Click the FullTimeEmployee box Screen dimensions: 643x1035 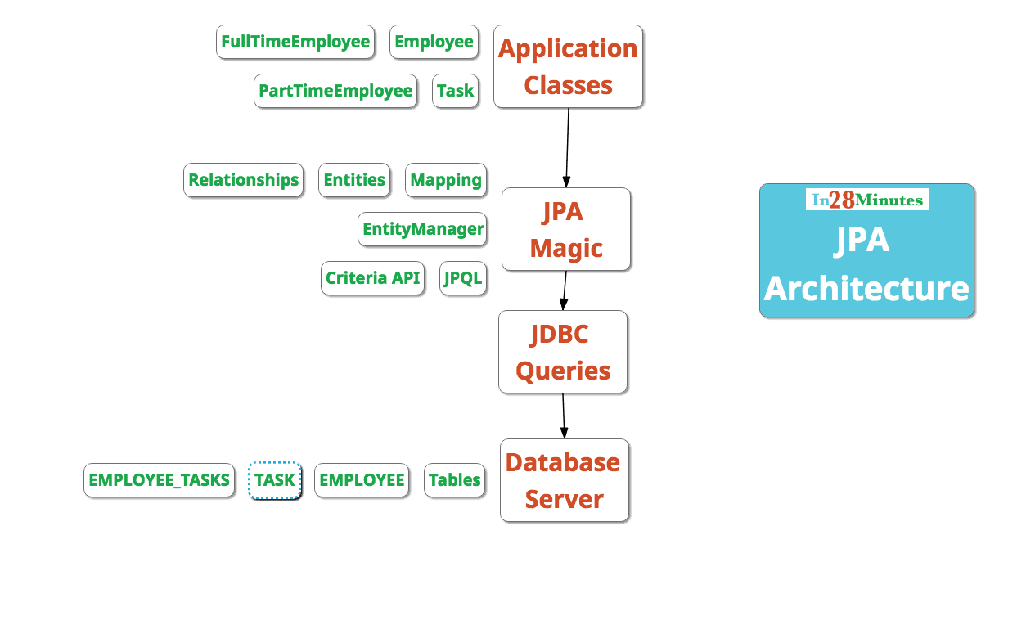pyautogui.click(x=295, y=42)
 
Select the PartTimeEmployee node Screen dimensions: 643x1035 pyautogui.click(x=335, y=91)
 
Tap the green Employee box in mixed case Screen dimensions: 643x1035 pyautogui.click(x=434, y=42)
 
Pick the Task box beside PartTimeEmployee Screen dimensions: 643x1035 pyautogui.click(x=455, y=91)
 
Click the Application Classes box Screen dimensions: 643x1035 pyautogui.click(x=568, y=66)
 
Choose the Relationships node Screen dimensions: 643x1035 pyautogui.click(x=243, y=180)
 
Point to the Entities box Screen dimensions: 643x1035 pyautogui.click(x=354, y=180)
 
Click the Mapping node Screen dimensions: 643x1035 pyautogui.click(x=446, y=180)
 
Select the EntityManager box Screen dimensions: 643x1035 pyautogui.click(x=422, y=229)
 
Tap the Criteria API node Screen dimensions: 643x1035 pyautogui.click(x=372, y=278)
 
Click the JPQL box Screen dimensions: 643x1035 pyautogui.click(x=463, y=278)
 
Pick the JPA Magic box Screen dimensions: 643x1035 pyautogui.click(x=566, y=229)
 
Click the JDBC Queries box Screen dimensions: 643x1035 pyautogui.click(x=563, y=352)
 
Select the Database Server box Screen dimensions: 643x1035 pyautogui.click(x=564, y=480)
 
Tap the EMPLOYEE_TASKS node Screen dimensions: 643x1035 pyautogui.click(x=159, y=480)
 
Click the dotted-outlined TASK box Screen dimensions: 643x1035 pyautogui.click(x=275, y=480)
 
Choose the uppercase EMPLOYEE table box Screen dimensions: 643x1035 pyautogui.click(x=362, y=480)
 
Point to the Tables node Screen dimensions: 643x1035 pyautogui.click(x=454, y=480)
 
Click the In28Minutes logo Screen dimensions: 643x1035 pyautogui.click(x=866, y=200)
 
